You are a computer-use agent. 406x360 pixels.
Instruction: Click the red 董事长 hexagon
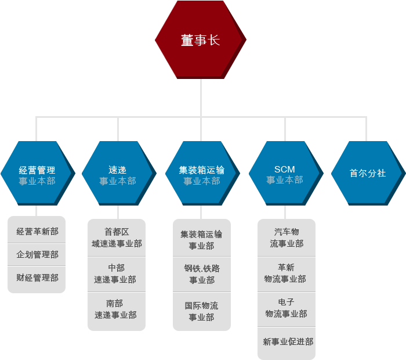(x=201, y=39)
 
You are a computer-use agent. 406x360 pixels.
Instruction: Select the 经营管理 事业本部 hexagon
(x=38, y=173)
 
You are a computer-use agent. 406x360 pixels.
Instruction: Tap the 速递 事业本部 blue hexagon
(x=119, y=173)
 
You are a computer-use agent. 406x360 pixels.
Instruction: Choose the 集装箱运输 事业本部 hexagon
(x=202, y=173)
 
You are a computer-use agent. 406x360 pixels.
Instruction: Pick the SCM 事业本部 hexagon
(x=286, y=173)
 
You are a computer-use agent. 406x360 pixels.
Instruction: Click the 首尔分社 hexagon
(x=368, y=173)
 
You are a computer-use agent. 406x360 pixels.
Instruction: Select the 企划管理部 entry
(x=37, y=254)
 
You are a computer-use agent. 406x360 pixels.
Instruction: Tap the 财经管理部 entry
(x=37, y=279)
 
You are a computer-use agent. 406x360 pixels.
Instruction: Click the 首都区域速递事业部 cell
(x=117, y=238)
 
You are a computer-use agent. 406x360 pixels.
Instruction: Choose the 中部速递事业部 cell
(x=117, y=275)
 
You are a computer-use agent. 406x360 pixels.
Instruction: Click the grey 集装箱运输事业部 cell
(x=202, y=238)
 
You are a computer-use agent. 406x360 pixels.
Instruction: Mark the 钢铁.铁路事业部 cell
(x=202, y=275)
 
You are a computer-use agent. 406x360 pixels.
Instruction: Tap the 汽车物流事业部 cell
(x=287, y=238)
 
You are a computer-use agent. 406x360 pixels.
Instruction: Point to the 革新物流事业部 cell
(x=287, y=275)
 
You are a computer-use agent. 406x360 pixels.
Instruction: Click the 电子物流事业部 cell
(x=287, y=309)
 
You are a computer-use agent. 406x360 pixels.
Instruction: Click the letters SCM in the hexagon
(x=285, y=169)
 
